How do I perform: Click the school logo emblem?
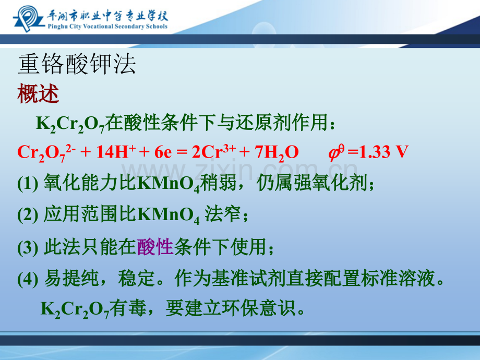click(x=28, y=18)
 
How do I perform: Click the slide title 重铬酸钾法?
click(x=77, y=64)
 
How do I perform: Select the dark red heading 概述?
click(x=38, y=94)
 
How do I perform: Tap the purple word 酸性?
click(x=155, y=247)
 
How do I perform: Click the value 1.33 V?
click(x=384, y=152)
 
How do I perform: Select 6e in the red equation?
click(x=163, y=152)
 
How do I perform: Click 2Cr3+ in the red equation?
click(x=214, y=151)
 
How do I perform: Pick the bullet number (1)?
click(x=28, y=184)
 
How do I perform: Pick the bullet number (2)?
click(x=28, y=215)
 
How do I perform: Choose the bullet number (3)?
click(x=28, y=247)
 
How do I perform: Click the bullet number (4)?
click(x=28, y=279)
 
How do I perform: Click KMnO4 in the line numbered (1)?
click(x=169, y=184)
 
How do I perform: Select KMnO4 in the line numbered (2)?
click(x=169, y=215)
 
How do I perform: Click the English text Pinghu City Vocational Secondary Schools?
click(x=107, y=26)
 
